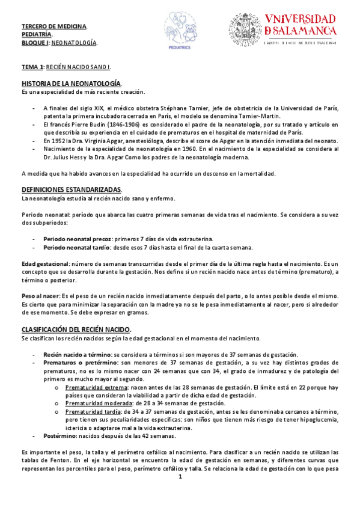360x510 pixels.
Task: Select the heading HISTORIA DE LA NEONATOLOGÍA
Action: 72,82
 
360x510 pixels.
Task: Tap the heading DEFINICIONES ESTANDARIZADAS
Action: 71,189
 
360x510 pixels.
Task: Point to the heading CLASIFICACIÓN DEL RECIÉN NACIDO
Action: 76,330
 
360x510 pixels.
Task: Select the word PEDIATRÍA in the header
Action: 37,35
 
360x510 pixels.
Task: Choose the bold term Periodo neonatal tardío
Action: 76,248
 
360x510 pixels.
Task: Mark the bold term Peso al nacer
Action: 40,296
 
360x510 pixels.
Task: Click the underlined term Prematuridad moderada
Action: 98,404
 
